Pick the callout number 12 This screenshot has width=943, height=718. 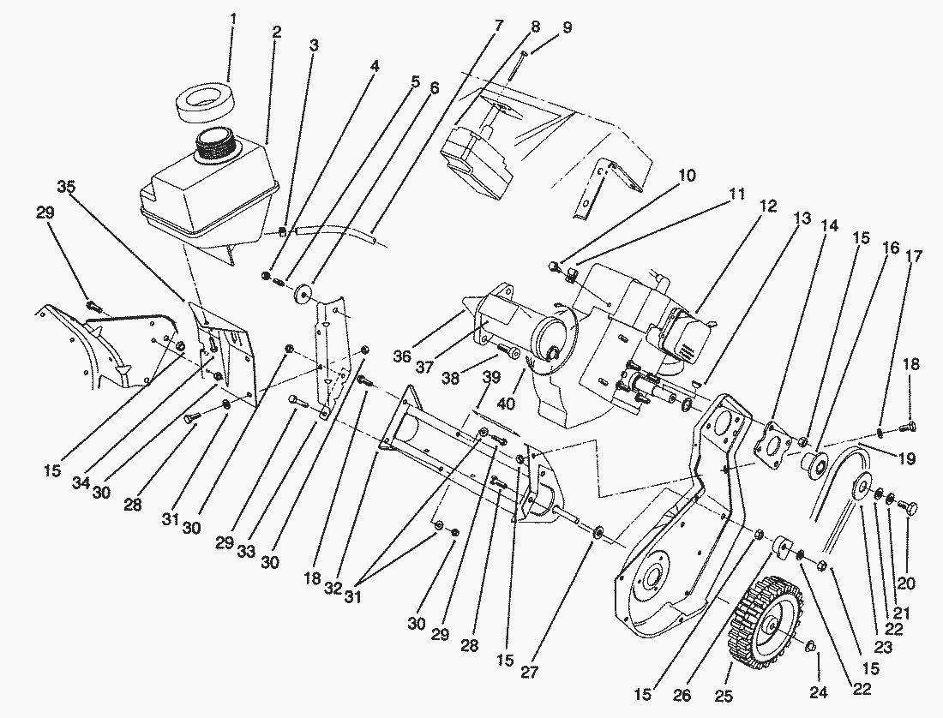pyautogui.click(x=767, y=206)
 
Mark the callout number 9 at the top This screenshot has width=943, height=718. pyautogui.click(x=567, y=27)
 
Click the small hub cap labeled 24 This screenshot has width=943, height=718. pyautogui.click(x=810, y=644)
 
